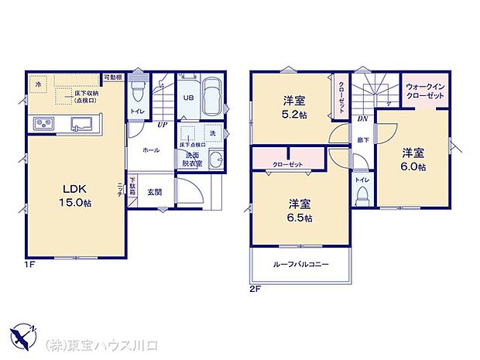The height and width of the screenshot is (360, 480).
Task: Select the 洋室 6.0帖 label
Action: [x=412, y=159]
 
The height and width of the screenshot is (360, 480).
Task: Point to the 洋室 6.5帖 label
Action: [x=300, y=211]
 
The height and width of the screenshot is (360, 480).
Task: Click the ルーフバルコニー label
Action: [x=300, y=265]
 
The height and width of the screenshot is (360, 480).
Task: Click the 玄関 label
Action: [x=155, y=191]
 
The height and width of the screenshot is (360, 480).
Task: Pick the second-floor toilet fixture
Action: [x=361, y=194]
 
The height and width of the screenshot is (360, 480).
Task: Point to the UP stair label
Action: [x=163, y=125]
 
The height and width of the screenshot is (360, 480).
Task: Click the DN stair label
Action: [x=362, y=119]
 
